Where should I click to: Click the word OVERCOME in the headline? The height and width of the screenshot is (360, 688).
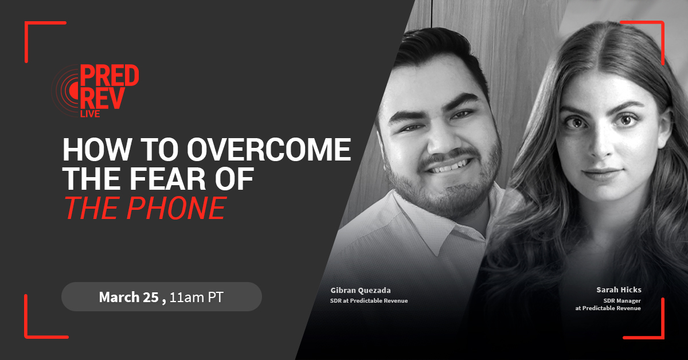click(x=269, y=149)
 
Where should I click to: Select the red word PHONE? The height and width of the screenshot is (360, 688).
click(x=177, y=208)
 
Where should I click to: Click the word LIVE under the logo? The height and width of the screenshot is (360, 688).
click(x=90, y=114)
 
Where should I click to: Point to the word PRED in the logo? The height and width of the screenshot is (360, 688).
click(x=110, y=76)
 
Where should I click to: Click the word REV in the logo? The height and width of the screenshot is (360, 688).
click(x=103, y=98)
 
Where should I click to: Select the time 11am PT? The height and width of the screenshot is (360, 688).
click(x=196, y=298)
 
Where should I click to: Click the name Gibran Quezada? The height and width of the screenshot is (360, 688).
click(x=361, y=290)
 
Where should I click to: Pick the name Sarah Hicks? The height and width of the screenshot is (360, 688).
click(x=619, y=289)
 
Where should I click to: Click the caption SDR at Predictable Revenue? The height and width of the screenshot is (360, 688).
click(x=369, y=301)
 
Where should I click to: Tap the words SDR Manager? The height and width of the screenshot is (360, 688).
click(x=622, y=301)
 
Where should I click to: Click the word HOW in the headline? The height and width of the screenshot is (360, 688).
click(x=97, y=150)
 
